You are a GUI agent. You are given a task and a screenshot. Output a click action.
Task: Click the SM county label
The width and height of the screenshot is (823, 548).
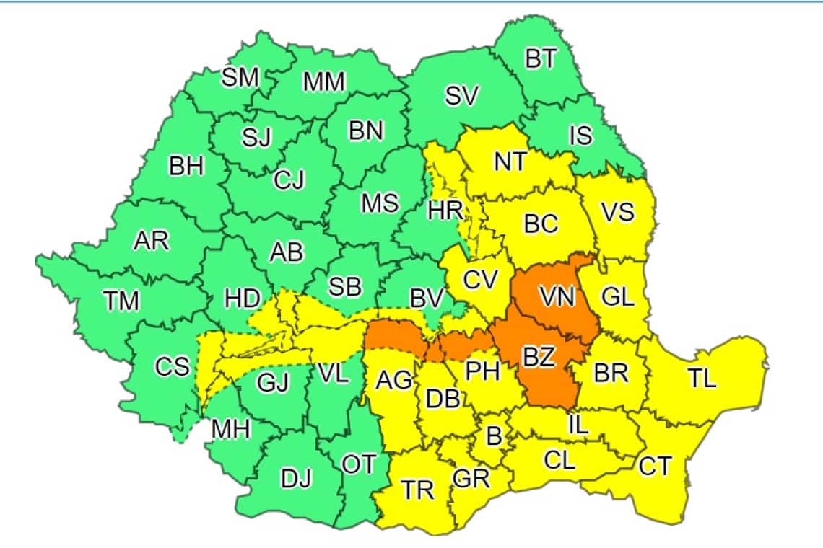tap(240, 78)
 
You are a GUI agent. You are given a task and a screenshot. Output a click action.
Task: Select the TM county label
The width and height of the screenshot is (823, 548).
tap(121, 300)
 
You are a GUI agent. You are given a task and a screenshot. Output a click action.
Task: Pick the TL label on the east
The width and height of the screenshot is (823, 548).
tap(701, 379)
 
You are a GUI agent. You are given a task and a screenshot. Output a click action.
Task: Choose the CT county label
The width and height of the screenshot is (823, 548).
tap(656, 467)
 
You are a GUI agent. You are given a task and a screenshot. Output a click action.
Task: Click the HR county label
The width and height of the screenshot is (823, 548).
tap(440, 211)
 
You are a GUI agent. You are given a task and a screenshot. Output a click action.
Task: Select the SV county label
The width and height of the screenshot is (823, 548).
tap(461, 97)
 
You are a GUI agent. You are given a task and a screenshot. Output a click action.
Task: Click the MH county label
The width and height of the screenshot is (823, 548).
tap(230, 430)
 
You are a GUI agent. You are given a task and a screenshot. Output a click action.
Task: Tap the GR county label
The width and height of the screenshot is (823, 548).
tap(471, 477)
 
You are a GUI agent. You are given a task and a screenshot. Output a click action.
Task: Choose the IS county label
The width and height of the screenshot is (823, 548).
tap(580, 135)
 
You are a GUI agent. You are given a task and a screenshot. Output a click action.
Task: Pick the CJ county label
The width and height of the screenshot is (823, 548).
tap(289, 180)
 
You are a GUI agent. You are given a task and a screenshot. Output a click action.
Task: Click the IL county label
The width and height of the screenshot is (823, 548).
tap(578, 425)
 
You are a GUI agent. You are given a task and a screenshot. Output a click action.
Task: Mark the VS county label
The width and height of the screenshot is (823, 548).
tap(617, 212)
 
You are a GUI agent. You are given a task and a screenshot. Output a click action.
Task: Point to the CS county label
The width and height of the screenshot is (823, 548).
tap(173, 367)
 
